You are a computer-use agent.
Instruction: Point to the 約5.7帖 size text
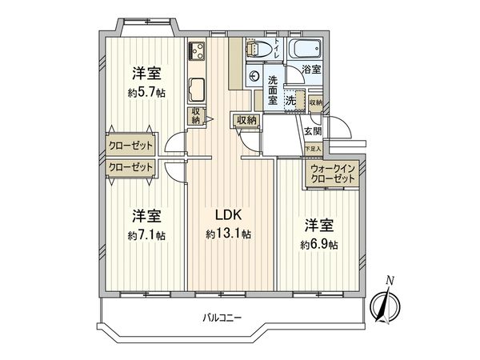pyautogui.click(x=146, y=93)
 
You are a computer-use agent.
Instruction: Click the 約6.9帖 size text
pyautogui.click(x=318, y=243)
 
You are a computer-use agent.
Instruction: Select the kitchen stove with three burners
pyautogui.click(x=198, y=53)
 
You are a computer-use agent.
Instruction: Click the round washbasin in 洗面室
pyautogui.click(x=254, y=77)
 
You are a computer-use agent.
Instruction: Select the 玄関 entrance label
pyautogui.click(x=313, y=130)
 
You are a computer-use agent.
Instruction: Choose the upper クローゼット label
pyautogui.click(x=130, y=146)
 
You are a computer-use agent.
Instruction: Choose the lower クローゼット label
pyautogui.click(x=130, y=167)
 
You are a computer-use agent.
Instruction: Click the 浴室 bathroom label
pyautogui.click(x=312, y=70)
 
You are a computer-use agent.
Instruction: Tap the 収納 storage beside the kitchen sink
pyautogui.click(x=195, y=115)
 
